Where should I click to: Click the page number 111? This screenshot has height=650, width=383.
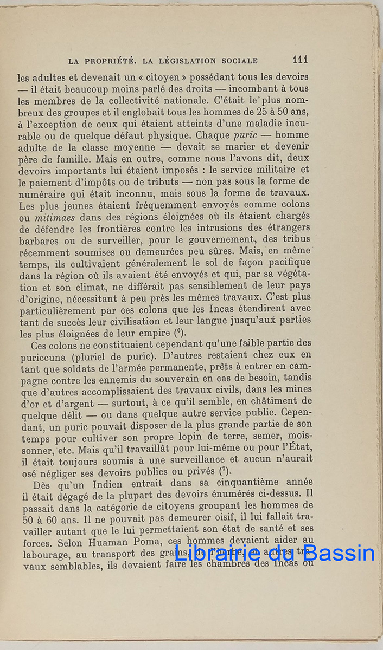click(x=300, y=60)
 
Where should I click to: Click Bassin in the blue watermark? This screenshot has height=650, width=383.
click(x=340, y=552)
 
